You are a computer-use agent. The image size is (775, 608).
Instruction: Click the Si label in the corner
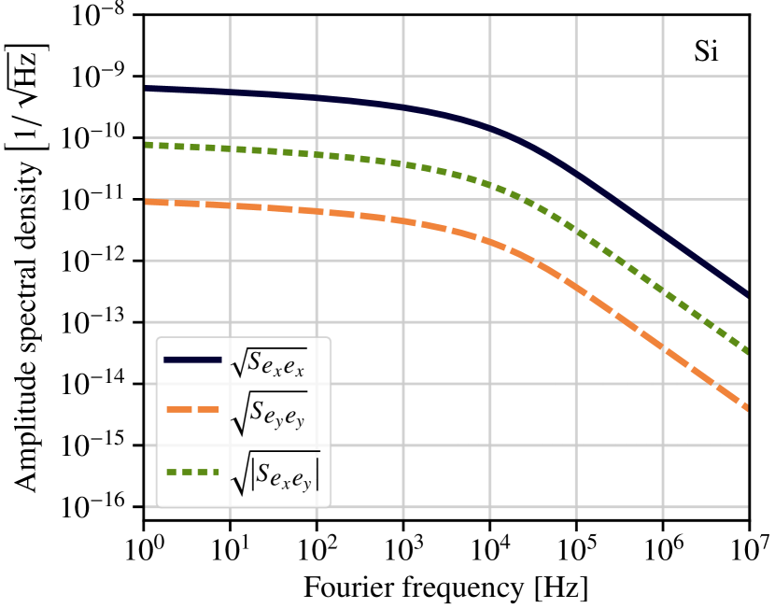(x=706, y=52)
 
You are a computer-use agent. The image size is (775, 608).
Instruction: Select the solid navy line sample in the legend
(x=192, y=360)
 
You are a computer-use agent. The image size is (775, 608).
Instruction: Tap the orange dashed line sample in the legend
(x=192, y=409)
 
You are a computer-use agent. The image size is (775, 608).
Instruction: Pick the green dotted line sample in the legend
(x=192, y=472)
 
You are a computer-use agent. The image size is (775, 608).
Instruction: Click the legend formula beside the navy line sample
(x=269, y=362)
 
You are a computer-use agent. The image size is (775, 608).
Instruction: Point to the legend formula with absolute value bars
(x=275, y=474)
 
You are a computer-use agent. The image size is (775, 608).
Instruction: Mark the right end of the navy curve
(x=747, y=295)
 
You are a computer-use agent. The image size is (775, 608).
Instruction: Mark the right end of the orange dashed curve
(x=747, y=408)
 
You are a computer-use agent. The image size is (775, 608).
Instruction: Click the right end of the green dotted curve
(x=747, y=352)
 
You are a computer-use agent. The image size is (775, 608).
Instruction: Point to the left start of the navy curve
(x=147, y=89)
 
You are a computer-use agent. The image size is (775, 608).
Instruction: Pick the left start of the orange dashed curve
(x=147, y=202)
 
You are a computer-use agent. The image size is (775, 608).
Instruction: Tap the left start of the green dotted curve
(x=147, y=145)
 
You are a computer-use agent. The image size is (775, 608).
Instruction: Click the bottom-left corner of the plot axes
(x=146, y=513)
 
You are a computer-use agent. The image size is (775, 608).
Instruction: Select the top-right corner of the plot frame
(x=748, y=16)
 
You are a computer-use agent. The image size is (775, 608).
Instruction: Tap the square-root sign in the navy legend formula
(x=237, y=364)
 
